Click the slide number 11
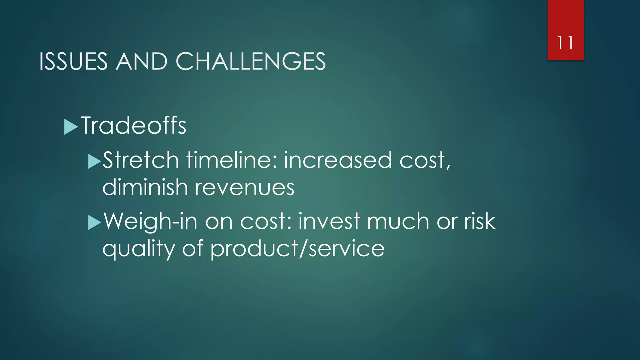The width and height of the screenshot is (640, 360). tap(565, 43)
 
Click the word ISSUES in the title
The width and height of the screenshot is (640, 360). tap(73, 61)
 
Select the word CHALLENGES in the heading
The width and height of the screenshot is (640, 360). tap(251, 61)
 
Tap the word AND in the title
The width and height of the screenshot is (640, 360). tap(141, 61)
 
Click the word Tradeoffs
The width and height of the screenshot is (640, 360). tap(134, 126)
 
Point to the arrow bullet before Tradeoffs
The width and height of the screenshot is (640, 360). tap(71, 127)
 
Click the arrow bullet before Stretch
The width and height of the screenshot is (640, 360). tap(94, 161)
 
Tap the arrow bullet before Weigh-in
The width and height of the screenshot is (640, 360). tap(94, 222)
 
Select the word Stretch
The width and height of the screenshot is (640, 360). tap(141, 160)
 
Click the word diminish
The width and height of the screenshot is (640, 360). tap(145, 187)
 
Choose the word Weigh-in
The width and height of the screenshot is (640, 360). tap(150, 221)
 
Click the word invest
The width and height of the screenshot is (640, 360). tap(329, 221)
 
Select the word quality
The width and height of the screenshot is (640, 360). tap(138, 249)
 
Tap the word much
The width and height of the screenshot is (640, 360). tap(398, 221)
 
